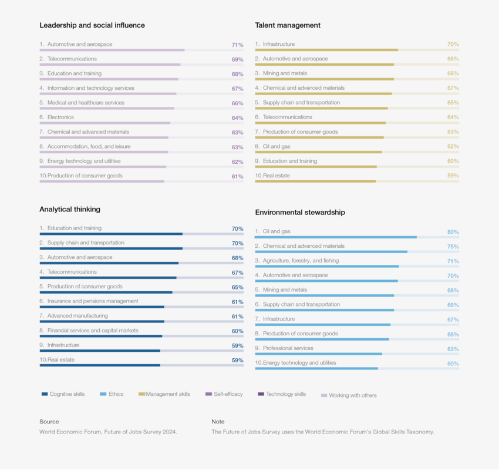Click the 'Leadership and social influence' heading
coord(92,25)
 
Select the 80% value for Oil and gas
coord(453,232)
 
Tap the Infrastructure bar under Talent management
coord(326,50)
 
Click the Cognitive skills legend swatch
coord(45,394)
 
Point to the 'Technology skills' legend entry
coord(285,394)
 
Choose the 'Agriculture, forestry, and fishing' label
coord(301,261)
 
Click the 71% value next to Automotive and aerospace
coord(237,45)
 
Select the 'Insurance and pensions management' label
coord(93,301)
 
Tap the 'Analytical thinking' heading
coord(69,209)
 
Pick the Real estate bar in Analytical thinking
coord(100,365)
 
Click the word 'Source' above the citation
coord(49,422)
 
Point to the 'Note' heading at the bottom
coord(218,422)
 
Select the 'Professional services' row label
coord(288,348)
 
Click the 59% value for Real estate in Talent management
coord(453,176)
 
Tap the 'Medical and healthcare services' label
coord(86,103)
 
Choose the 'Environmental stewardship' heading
coord(300,212)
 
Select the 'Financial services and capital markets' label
coord(93,331)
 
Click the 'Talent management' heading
coord(288,25)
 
